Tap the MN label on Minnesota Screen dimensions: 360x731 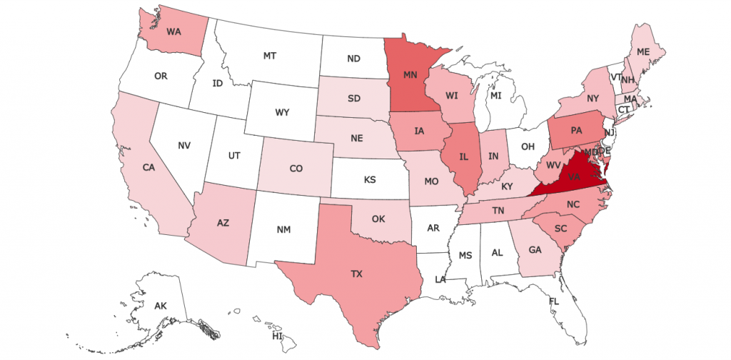tap(410, 74)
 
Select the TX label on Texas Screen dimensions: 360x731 tap(356, 274)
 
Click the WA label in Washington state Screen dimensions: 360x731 tap(173, 31)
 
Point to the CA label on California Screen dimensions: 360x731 tap(149, 168)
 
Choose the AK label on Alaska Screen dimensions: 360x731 tap(161, 306)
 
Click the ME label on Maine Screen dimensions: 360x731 tap(643, 52)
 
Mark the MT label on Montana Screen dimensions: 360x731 tap(270, 55)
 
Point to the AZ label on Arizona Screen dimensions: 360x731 tap(223, 222)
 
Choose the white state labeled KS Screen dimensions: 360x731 tap(370, 180)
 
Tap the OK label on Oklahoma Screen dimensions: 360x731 tap(380, 219)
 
